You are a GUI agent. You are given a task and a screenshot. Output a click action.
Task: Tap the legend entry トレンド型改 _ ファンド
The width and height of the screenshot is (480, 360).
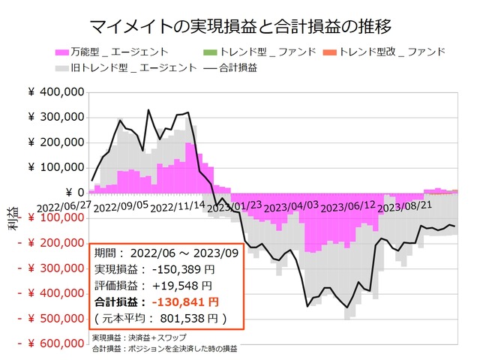390,52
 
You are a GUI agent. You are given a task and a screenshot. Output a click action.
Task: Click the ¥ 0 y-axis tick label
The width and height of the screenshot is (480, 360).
70,193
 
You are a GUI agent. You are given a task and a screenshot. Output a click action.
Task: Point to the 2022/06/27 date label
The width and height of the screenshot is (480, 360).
64,205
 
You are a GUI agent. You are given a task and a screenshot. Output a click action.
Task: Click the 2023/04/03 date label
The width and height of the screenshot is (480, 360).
292,205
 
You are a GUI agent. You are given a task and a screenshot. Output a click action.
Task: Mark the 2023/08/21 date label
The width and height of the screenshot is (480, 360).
405,205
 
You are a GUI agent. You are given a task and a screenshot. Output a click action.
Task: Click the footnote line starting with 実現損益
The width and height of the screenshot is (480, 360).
142,338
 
